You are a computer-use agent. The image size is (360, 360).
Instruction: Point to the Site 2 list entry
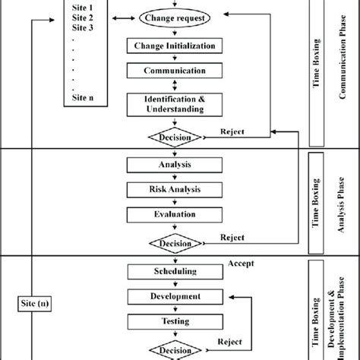[x=81, y=17]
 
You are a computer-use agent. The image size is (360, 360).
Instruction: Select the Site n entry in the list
[x=81, y=96]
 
